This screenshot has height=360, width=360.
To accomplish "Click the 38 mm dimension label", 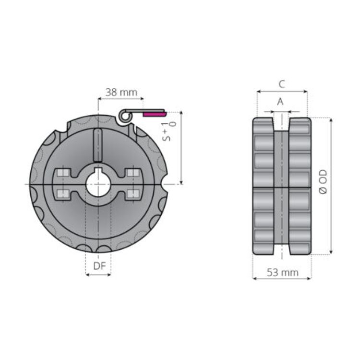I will pyautogui.click(x=121, y=92).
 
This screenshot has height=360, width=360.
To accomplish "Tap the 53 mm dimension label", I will pyautogui.click(x=282, y=273).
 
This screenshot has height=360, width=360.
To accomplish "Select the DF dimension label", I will pyautogui.click(x=98, y=266).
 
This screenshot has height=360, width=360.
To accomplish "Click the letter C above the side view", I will pyautogui.click(x=282, y=84).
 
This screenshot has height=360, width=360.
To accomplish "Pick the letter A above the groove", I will pyautogui.click(x=281, y=101).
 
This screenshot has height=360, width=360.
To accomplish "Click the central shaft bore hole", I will pyautogui.click(x=98, y=184).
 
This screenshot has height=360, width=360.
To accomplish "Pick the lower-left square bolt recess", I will pyautogui.click(x=62, y=193).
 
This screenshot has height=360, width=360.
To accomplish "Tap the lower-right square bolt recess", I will pyautogui.click(x=133, y=193).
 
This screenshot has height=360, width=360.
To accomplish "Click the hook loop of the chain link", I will pyautogui.click(x=124, y=115).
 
